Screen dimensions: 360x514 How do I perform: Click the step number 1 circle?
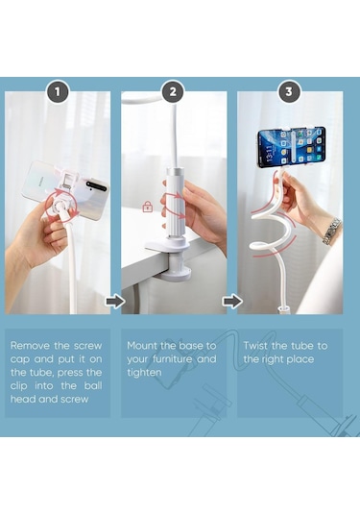pos(58,91)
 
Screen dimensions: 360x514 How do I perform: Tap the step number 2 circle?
pos(173,91)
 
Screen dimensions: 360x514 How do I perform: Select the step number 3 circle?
pos(289,91)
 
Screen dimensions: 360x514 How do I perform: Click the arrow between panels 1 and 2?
pos(115,301)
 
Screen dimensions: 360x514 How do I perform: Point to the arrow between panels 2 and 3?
pos(232,301)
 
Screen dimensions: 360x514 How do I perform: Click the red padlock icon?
pos(148,207)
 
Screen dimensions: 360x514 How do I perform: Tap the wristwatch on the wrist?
pos(331,232)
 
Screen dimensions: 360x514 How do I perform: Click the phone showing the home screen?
pos(291,147)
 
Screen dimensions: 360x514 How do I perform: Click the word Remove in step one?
pos(30,346)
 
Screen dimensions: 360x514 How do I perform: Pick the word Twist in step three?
pos(255,346)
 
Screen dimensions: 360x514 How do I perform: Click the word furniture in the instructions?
pos(172,359)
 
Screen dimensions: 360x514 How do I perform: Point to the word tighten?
pos(144,373)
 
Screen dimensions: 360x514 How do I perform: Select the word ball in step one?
pos(93,386)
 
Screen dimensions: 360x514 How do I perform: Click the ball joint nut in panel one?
pos(61,205)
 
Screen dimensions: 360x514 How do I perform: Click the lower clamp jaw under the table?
pos(177,274)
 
